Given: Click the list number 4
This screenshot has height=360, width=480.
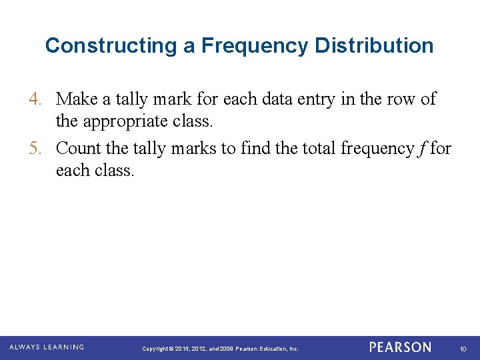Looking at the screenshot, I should [35, 99].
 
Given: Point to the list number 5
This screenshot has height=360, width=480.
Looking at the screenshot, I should [35, 148].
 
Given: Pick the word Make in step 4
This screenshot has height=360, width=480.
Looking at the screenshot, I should [75, 99].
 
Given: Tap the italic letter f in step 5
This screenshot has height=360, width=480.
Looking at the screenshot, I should [422, 148].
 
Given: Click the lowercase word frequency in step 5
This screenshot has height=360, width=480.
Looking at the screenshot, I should [377, 148].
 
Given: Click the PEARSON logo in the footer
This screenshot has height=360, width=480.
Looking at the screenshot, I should [400, 347].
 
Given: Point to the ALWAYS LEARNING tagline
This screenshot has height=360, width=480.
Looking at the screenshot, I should [47, 347].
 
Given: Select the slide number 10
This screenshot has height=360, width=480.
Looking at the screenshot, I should [462, 349].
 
